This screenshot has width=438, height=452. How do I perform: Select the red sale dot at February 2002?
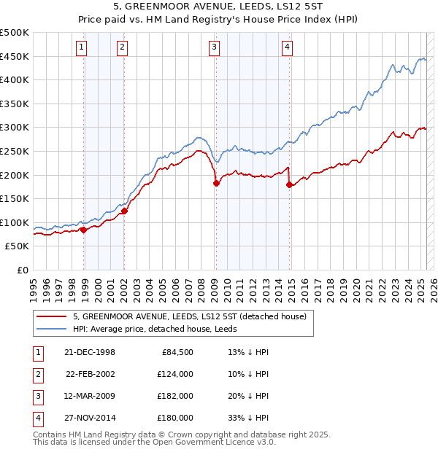pos(124,211)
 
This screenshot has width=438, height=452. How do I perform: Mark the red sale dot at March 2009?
pos(216,184)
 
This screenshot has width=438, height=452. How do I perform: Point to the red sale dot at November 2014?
pos(290,184)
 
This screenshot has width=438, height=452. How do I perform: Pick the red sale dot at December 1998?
pos(84,230)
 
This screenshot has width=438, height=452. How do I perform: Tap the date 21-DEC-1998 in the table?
pos(90,353)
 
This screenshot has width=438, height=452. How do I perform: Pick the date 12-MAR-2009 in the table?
pos(90,396)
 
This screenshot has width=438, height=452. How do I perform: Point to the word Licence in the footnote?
pos(237,442)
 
